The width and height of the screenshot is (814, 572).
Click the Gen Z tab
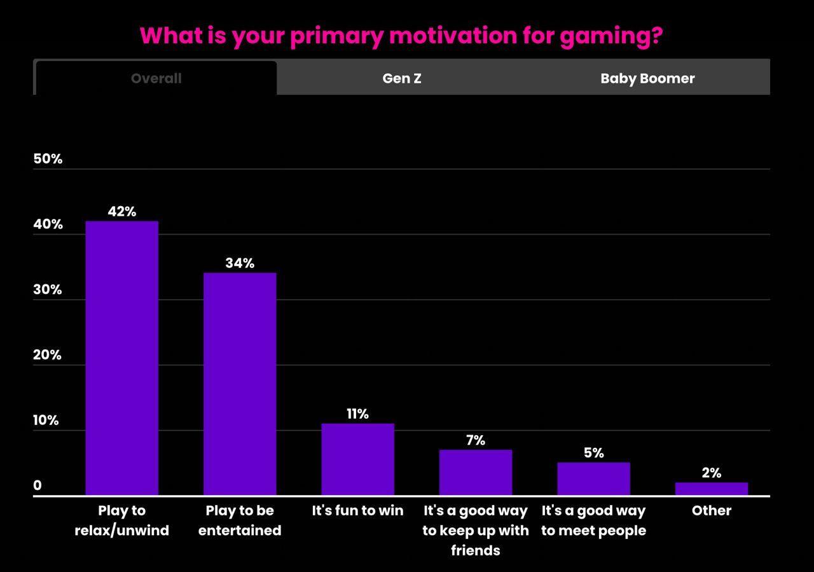pos(401,78)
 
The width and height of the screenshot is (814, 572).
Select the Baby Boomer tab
pos(647,78)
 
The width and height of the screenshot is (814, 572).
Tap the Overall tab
pos(156,78)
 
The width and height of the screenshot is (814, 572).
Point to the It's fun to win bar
pos(357,459)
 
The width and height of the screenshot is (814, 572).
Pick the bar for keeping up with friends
pos(475,472)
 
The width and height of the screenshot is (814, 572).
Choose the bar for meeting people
pos(593,478)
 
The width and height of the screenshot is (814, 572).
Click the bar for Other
pos(711,489)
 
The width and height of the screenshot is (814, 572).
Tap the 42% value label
pos(121,211)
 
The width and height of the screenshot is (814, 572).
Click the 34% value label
pos(240,263)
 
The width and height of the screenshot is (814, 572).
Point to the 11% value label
pos(357,414)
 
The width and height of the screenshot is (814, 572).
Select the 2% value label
pos(711,473)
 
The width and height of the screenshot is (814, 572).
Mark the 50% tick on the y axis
pos(48,159)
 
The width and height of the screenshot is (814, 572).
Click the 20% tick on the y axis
pos(47,355)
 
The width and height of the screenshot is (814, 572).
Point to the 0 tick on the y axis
pos(38,485)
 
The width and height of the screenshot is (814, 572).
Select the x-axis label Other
pos(711,510)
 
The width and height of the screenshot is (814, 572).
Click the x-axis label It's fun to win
pos(357,510)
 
